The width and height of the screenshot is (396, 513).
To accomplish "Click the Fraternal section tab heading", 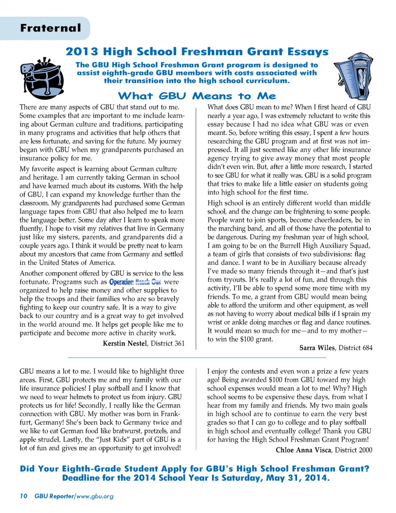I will [51, 28].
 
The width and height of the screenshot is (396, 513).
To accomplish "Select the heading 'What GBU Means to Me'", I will [197, 96].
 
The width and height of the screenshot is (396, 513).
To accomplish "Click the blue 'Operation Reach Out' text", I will [135, 282].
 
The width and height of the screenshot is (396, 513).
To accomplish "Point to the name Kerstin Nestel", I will [125, 343].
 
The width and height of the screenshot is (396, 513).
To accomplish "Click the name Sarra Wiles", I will [317, 348].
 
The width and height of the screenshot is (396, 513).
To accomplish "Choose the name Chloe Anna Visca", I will [303, 450].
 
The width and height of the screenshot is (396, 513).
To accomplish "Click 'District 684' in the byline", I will [355, 348].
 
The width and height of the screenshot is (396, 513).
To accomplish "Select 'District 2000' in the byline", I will [354, 450].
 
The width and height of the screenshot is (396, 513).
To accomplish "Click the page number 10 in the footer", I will [24, 496].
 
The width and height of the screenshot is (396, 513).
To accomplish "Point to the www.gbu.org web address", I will [95, 496].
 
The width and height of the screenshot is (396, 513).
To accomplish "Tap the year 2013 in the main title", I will [82, 52].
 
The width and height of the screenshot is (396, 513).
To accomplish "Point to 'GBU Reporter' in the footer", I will [54, 496].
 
